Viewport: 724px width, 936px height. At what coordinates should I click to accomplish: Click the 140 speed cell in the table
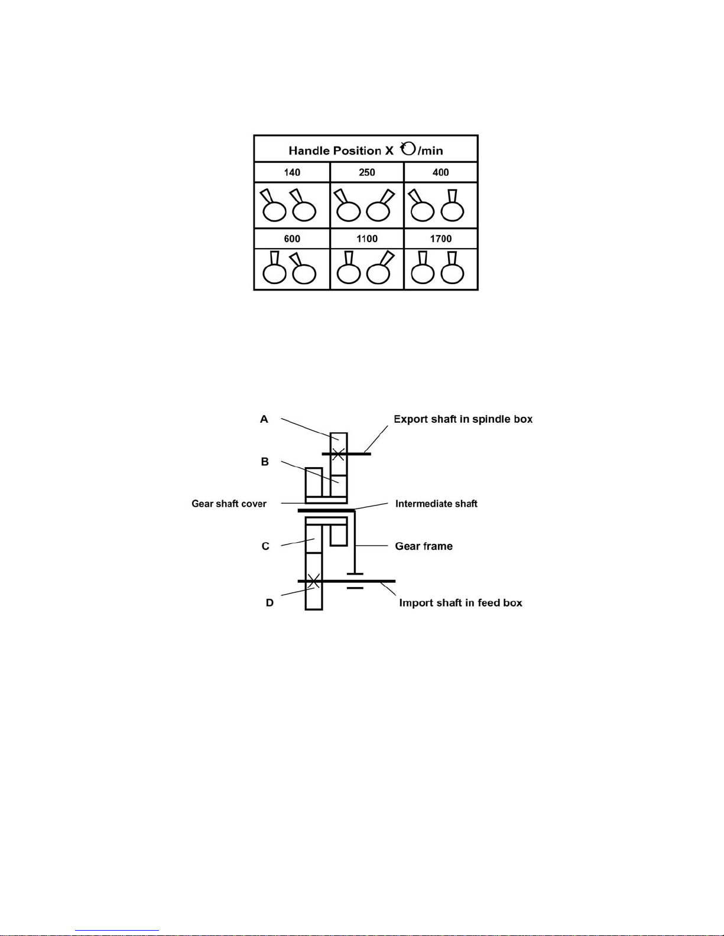[x=292, y=172]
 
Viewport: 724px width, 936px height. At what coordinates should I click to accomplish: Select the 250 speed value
[x=367, y=172]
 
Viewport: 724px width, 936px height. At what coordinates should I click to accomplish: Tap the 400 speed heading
[x=441, y=172]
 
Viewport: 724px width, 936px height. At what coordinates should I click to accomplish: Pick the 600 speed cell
[x=292, y=239]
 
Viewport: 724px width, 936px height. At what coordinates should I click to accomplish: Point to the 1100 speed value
[x=367, y=239]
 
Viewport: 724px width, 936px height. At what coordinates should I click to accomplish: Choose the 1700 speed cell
[x=441, y=239]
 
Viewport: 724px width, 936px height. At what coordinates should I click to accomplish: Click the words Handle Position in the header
[x=335, y=151]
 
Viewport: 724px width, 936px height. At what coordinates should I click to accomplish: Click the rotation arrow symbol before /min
[x=408, y=148]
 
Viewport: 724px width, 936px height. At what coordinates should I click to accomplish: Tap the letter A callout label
[x=264, y=419]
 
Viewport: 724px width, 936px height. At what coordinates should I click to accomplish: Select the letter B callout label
[x=265, y=462]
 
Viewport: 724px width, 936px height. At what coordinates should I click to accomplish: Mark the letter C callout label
[x=265, y=546]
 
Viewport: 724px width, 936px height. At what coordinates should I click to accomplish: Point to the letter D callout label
[x=270, y=603]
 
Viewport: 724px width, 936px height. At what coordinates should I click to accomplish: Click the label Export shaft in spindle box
[x=463, y=419]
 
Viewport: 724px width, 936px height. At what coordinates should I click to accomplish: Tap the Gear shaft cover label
[x=229, y=504]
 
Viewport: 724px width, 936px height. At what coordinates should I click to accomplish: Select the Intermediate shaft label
[x=436, y=504]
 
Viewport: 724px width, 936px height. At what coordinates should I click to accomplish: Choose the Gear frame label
[x=424, y=546]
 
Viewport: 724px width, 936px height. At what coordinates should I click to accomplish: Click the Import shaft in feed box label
[x=460, y=603]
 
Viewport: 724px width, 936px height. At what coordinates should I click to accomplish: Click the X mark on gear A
[x=338, y=454]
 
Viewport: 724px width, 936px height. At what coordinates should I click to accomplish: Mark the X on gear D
[x=314, y=581]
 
